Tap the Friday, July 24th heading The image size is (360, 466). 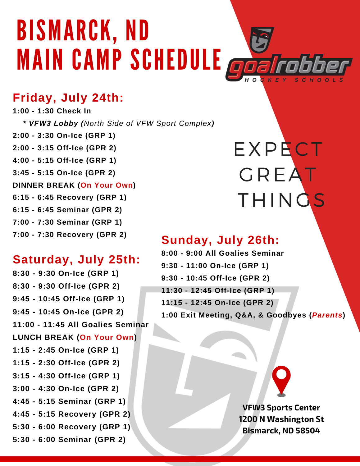pyautogui.click(x=68, y=98)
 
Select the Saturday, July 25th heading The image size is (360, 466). pyautogui.click(x=76, y=259)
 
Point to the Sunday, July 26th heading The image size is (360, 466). pyautogui.click(x=221, y=240)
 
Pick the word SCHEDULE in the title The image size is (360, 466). pyautogui.click(x=176, y=59)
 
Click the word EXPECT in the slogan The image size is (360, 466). pyautogui.click(x=278, y=149)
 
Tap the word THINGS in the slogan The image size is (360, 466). pyautogui.click(x=281, y=200)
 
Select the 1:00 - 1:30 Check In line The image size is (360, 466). pyautogui.click(x=52, y=111)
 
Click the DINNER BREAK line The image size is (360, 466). pyautogui.click(x=74, y=185)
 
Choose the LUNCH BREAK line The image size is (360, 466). pyautogui.click(x=75, y=337)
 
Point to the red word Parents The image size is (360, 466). pyautogui.click(x=327, y=315)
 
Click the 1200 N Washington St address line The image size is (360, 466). pyautogui.click(x=281, y=419)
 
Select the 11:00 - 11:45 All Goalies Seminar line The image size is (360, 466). pyautogui.click(x=81, y=324)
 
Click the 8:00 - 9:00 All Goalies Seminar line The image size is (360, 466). pyautogui.click(x=223, y=253)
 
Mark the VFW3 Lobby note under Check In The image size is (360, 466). pyautogui.click(x=119, y=123)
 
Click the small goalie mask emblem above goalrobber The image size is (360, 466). pyautogui.click(x=262, y=40)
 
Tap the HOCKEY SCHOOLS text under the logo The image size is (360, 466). pyautogui.click(x=294, y=80)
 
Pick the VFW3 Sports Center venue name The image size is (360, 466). pyautogui.click(x=281, y=408)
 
